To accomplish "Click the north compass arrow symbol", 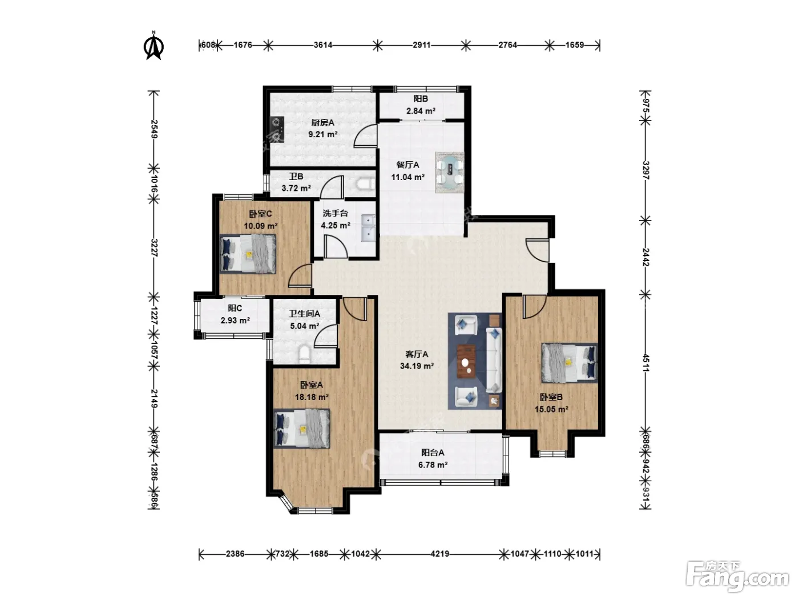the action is click(x=154, y=46).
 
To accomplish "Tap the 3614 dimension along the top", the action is click(x=323, y=45).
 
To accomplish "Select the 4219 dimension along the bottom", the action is click(x=439, y=554).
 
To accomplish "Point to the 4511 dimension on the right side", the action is click(x=645, y=363).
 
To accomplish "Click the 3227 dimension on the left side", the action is click(x=154, y=248).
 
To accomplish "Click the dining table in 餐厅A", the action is click(x=450, y=173).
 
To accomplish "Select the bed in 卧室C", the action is click(x=248, y=254).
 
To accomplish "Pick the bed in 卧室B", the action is click(x=570, y=363).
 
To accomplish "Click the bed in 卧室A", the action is click(x=302, y=429).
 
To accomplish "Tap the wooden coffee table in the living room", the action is click(x=467, y=361).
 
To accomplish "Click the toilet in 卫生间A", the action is click(x=304, y=354).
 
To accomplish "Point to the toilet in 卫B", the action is click(x=365, y=184).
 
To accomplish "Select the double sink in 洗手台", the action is click(x=368, y=228).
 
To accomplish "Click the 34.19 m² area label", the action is click(x=417, y=366).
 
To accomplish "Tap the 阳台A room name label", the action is click(x=433, y=453).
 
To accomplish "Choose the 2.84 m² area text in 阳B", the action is click(x=421, y=111).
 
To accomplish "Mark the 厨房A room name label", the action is click(x=322, y=123).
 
